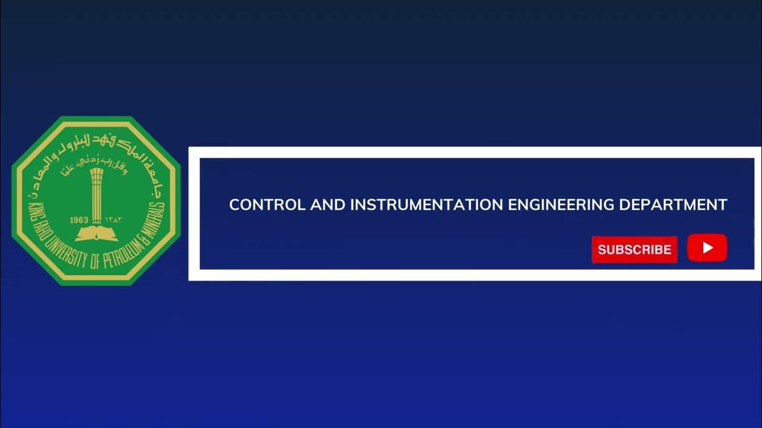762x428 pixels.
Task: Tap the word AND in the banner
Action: pos(327,205)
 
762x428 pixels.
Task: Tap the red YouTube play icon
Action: pos(707,248)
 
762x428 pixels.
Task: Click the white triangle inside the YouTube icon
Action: pos(708,248)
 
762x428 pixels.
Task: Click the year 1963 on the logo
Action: pos(79,220)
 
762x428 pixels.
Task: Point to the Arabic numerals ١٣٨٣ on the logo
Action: pos(114,220)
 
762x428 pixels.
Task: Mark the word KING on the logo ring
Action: pos(33,211)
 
